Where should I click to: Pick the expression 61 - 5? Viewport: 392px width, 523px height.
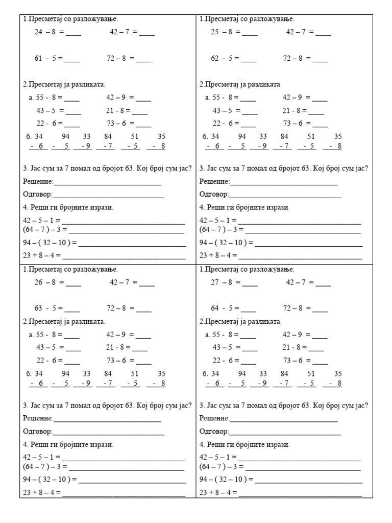(x=45, y=58)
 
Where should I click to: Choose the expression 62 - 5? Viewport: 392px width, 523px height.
(x=222, y=58)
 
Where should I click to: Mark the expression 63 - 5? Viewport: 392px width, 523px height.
(x=45, y=308)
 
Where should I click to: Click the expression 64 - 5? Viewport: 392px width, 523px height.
(x=222, y=308)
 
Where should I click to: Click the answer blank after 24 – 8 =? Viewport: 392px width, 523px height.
(x=73, y=34)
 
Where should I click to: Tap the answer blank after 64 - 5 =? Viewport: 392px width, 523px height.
(x=249, y=310)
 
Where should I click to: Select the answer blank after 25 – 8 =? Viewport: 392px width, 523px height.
(x=250, y=34)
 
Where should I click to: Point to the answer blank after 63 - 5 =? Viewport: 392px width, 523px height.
(x=72, y=310)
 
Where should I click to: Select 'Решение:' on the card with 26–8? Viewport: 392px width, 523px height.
(x=38, y=418)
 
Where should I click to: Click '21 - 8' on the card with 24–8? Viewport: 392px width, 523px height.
(x=116, y=110)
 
